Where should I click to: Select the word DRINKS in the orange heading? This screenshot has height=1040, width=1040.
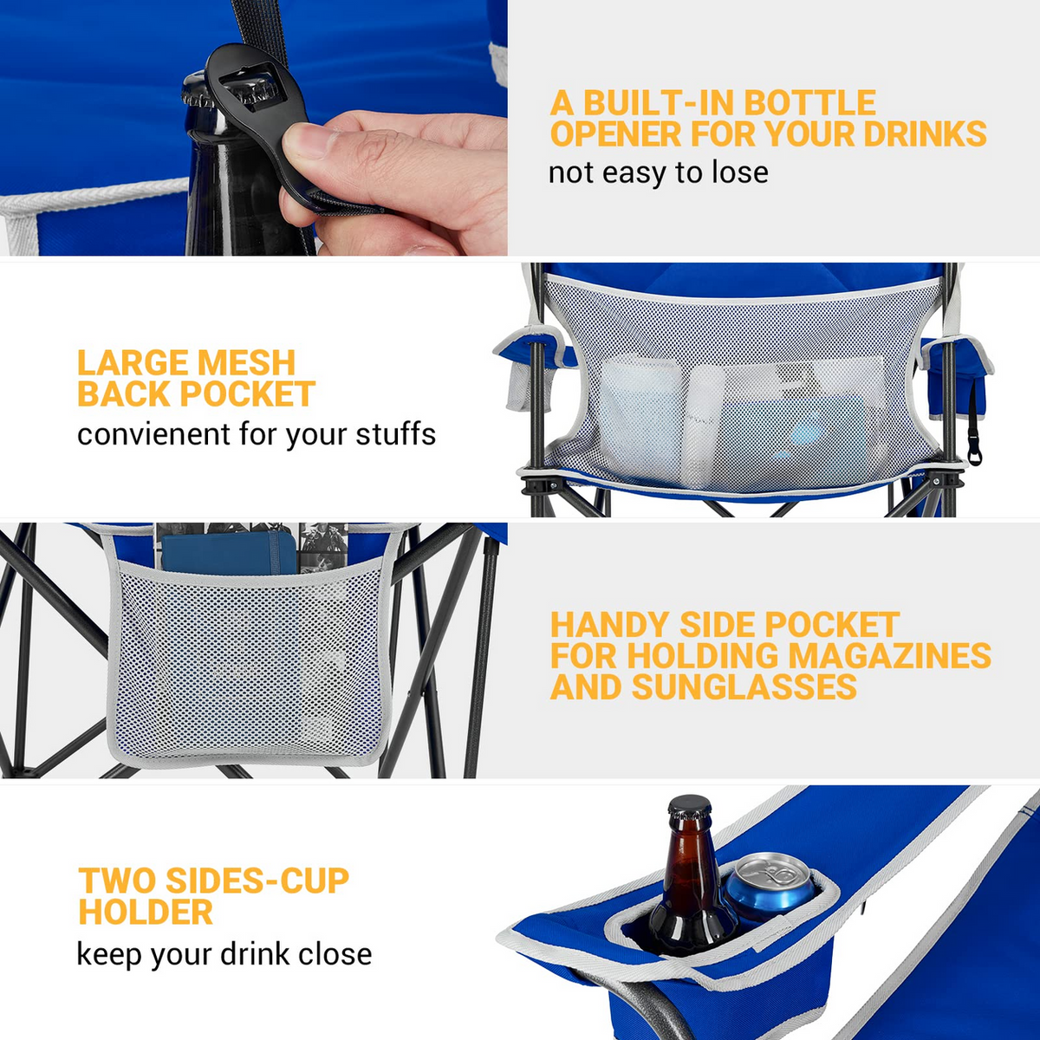(x=925, y=133)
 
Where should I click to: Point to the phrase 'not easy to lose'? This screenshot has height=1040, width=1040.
(x=658, y=173)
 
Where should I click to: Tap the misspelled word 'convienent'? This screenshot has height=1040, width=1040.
(x=153, y=434)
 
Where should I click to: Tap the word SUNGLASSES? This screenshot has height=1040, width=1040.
(x=744, y=687)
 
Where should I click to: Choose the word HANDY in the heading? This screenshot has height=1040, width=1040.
(x=610, y=625)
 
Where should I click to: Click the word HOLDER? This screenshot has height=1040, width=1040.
(x=146, y=912)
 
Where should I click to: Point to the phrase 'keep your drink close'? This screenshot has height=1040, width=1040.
(x=224, y=954)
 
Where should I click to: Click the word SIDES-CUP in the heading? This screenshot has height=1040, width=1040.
(x=257, y=881)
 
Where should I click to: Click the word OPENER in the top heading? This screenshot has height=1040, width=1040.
(x=616, y=133)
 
